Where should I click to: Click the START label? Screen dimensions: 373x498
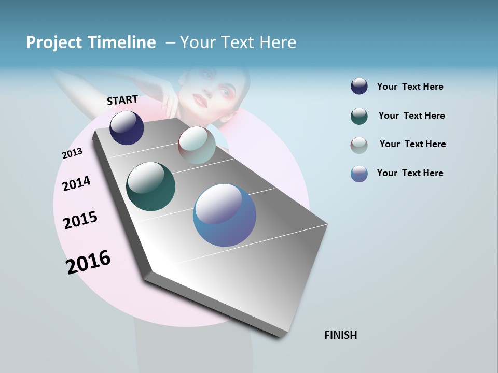click(x=122, y=100)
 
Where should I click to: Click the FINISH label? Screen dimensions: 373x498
click(x=340, y=335)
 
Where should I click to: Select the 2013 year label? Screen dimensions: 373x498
click(x=72, y=153)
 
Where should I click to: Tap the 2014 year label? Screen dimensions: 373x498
click(x=76, y=183)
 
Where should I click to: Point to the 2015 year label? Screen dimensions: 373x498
click(x=80, y=220)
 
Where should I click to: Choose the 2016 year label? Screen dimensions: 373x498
click(x=88, y=262)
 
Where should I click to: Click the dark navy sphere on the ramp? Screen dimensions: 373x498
click(x=127, y=128)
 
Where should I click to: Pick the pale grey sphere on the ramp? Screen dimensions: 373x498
click(x=197, y=145)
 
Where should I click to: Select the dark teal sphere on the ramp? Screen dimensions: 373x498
click(x=150, y=187)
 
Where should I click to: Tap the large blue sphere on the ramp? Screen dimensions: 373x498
click(x=225, y=215)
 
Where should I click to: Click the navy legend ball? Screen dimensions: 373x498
click(x=359, y=87)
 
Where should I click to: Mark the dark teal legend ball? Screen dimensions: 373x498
click(x=359, y=116)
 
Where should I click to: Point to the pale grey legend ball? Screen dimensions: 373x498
click(x=359, y=145)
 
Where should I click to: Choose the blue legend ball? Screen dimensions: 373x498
click(x=359, y=174)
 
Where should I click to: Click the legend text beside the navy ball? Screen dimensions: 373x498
click(x=410, y=87)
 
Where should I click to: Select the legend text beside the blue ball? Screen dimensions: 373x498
click(x=410, y=173)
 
